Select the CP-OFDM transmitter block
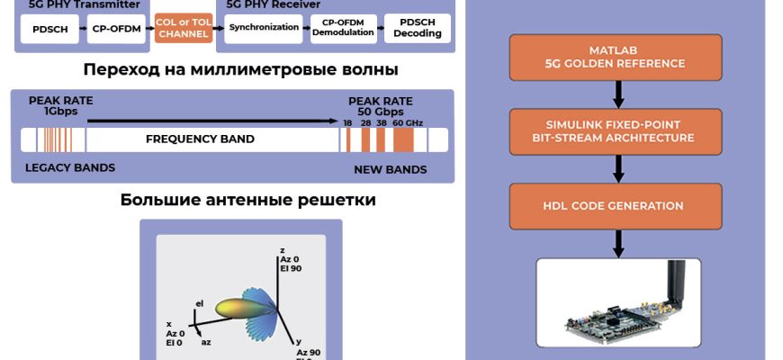[115, 29]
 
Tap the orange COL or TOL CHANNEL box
[183, 29]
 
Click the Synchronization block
[263, 28]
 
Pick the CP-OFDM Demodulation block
[343, 28]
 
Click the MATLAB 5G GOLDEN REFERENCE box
[615, 57]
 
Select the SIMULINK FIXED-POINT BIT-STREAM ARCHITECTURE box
[615, 130]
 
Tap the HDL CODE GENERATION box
[615, 205]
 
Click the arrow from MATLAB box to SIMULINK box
[616, 94]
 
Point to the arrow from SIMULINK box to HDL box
[616, 168]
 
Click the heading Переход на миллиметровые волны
[240, 69]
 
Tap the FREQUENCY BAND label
[200, 139]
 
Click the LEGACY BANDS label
[70, 167]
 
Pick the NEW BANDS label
[389, 169]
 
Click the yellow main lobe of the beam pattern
[235, 309]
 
